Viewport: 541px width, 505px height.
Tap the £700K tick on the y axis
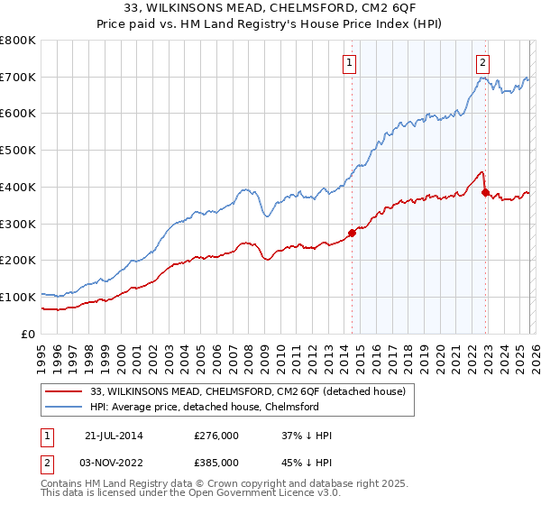coord(18,77)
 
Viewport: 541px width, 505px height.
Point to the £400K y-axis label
coord(18,187)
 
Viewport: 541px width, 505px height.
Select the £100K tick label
coord(18,297)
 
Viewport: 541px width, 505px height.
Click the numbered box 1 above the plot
coord(349,62)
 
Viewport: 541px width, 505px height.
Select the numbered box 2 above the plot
coord(482,62)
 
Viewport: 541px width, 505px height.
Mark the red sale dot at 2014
coord(352,233)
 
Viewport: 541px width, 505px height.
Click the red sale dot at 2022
coord(485,192)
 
